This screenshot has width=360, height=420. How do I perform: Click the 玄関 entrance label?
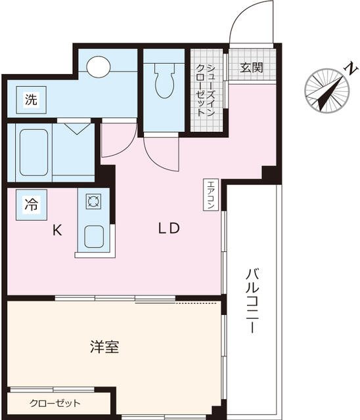point(251,68)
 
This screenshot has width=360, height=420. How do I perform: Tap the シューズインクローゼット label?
point(206,91)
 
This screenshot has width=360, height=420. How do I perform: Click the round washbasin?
point(99,67)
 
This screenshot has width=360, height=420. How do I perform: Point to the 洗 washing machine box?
point(32,100)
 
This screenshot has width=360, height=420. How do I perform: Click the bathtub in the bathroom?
point(34,153)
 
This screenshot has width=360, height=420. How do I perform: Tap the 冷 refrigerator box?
point(32,205)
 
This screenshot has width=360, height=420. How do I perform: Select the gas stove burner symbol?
point(93,201)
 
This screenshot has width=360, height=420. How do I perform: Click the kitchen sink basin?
point(94,236)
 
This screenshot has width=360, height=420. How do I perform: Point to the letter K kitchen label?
point(57,230)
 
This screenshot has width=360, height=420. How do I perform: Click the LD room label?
point(169,228)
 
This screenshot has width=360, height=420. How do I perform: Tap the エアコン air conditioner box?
point(211,195)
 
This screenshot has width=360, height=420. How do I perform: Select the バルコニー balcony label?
point(252,301)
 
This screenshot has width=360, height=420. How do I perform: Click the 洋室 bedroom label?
point(104,347)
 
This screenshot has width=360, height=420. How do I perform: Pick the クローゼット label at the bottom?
point(55,403)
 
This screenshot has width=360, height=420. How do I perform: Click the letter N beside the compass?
point(351,69)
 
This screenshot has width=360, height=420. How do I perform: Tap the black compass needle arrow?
point(329,93)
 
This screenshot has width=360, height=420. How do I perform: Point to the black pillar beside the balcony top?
point(271,174)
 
